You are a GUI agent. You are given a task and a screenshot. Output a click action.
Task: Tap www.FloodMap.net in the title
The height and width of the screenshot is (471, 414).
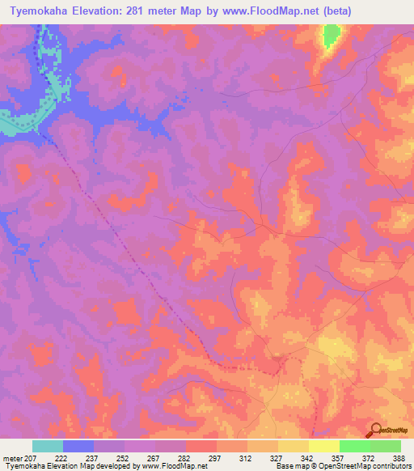point(284,12)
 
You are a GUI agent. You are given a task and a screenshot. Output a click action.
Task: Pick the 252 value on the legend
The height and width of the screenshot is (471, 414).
point(123,457)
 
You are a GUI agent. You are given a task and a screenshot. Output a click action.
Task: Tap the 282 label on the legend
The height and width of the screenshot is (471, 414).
point(184,457)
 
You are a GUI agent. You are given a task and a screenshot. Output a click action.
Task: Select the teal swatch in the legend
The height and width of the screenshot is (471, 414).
point(47,446)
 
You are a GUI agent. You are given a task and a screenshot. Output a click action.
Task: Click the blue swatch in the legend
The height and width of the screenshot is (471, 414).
point(78,446)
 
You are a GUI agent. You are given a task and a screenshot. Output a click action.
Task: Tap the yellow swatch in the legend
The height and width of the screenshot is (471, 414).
point(323,446)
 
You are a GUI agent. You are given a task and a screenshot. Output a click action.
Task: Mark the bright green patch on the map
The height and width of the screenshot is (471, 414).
point(332,36)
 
